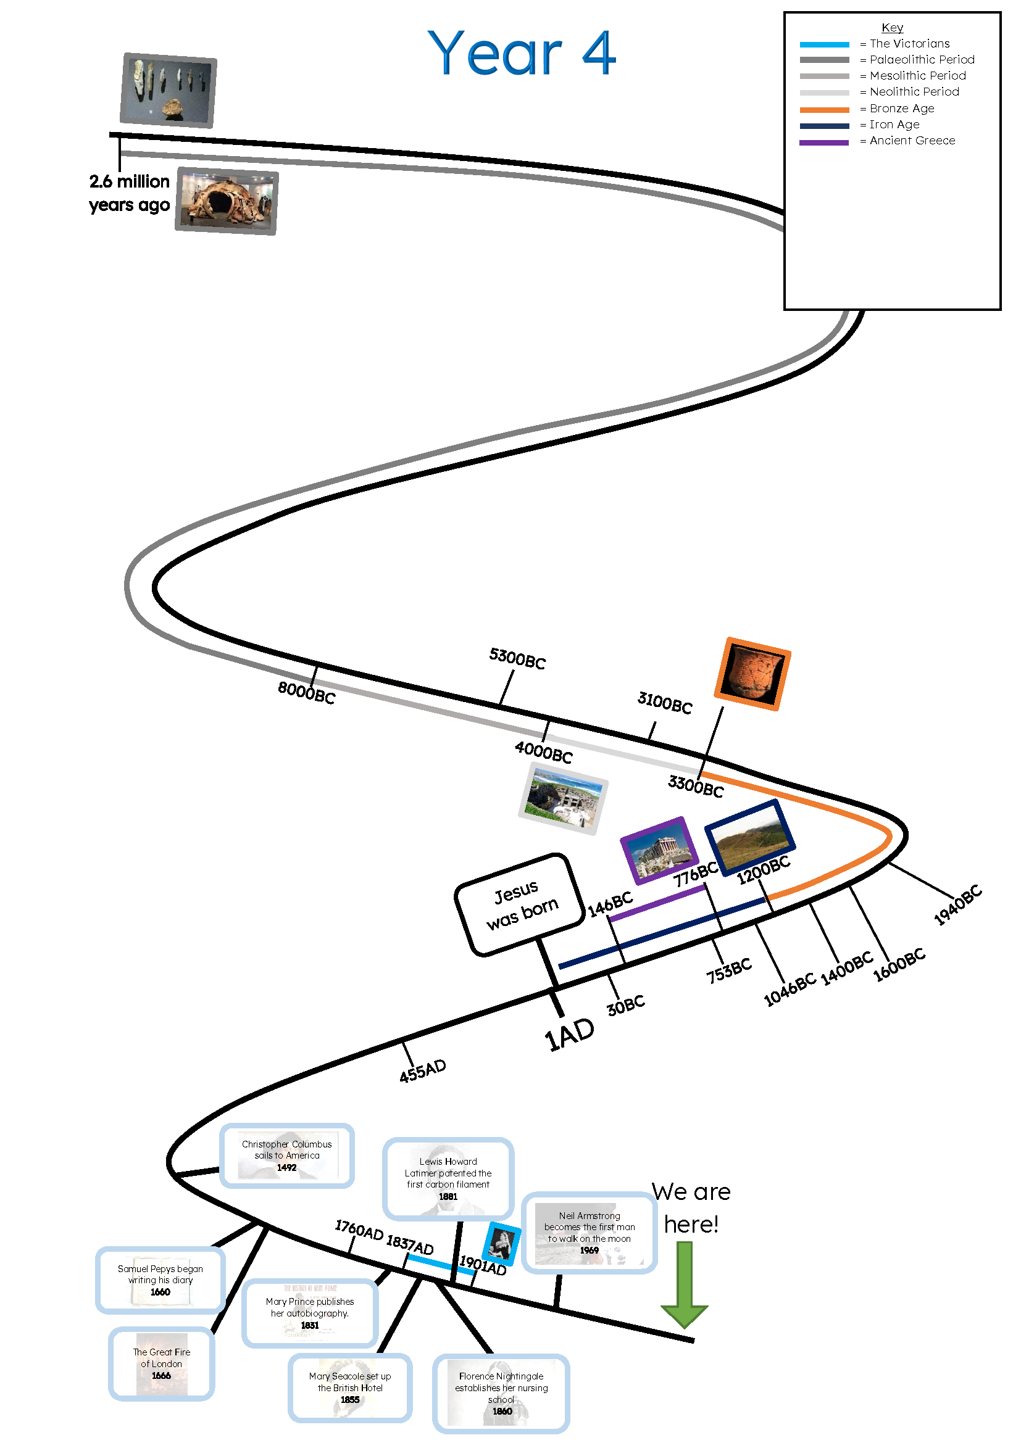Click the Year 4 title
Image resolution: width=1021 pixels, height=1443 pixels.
(x=520, y=54)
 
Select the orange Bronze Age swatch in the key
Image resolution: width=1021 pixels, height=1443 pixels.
(x=823, y=109)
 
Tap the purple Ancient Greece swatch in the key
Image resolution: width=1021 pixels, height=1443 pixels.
(x=823, y=142)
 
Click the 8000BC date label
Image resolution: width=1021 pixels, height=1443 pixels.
(x=306, y=693)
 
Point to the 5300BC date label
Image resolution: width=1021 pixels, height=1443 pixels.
(x=517, y=658)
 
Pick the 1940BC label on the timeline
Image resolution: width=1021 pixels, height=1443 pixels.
(x=957, y=904)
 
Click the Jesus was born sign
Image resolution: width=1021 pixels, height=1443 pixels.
(x=520, y=904)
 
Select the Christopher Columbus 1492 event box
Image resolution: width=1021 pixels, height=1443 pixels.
(x=286, y=1155)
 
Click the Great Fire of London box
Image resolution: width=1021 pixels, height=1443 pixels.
(x=162, y=1363)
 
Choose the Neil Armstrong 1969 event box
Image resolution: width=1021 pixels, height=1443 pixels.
(x=589, y=1233)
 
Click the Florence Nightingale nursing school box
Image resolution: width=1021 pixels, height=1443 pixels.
(x=501, y=1394)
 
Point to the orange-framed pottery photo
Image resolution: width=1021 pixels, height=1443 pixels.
(x=752, y=674)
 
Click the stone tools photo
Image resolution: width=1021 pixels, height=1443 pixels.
(x=168, y=90)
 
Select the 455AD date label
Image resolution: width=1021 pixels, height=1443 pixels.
(x=422, y=1070)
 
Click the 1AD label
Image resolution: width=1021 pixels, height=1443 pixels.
(x=569, y=1034)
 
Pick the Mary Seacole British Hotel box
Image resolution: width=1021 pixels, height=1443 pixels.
(x=350, y=1387)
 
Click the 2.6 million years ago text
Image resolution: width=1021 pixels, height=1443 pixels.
(x=130, y=193)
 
